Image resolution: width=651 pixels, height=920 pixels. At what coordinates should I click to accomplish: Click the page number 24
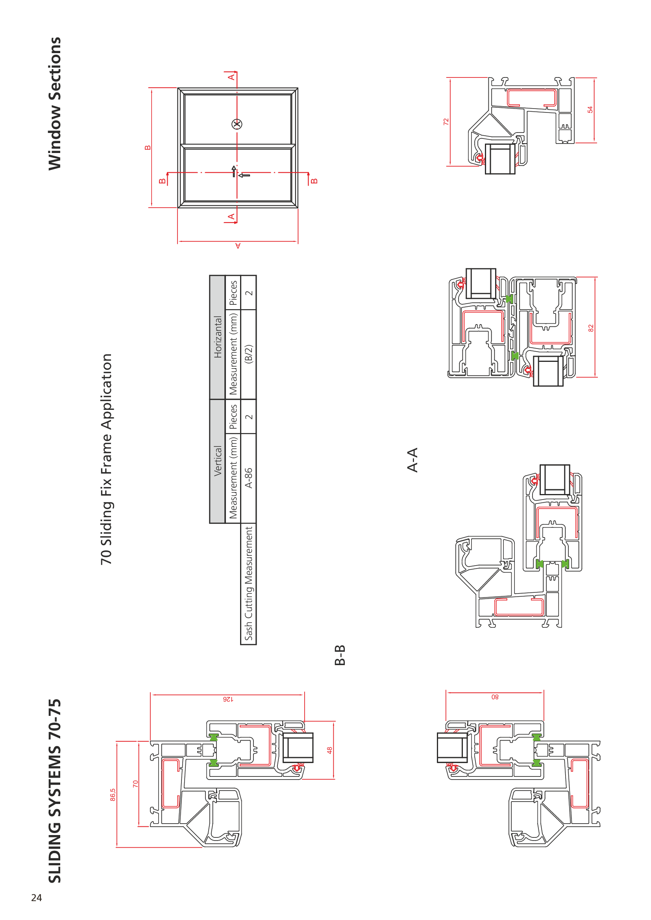[37, 898]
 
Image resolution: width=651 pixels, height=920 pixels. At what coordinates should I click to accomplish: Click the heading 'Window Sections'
[55, 103]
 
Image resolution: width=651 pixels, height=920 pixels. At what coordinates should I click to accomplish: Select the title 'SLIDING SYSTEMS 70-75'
[55, 791]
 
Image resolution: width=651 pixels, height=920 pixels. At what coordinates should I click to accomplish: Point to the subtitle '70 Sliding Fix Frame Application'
[106, 459]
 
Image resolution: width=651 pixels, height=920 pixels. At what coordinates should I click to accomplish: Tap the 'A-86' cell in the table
[248, 478]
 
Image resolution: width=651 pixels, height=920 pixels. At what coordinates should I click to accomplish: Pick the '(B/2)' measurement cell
[248, 354]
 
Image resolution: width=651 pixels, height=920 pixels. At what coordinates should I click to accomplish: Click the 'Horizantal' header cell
[218, 337]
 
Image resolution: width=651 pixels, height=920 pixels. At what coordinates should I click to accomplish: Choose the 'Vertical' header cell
[218, 461]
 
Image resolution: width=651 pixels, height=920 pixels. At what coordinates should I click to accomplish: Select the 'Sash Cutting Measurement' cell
[248, 583]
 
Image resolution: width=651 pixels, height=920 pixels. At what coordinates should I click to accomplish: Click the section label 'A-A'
[412, 460]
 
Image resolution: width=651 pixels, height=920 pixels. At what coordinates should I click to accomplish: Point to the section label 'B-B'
[340, 655]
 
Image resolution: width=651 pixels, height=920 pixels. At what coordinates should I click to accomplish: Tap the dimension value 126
[227, 699]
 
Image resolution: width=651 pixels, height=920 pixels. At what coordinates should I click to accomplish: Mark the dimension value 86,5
[113, 795]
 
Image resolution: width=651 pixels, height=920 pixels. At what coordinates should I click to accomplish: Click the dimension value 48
[329, 750]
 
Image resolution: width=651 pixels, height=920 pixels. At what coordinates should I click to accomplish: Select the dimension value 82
[590, 328]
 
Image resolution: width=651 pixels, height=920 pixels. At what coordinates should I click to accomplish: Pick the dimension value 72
[446, 122]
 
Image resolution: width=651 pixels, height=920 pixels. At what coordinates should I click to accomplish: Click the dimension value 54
[590, 109]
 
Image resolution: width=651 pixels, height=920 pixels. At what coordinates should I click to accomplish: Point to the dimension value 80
[495, 697]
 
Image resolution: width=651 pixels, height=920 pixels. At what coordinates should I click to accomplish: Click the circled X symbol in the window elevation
[237, 124]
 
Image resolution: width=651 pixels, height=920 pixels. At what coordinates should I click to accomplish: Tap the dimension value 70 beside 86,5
[135, 784]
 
